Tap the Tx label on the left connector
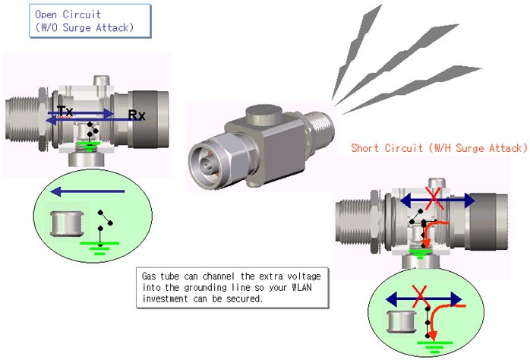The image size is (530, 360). tap(65, 111)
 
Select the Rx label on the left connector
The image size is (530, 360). tap(137, 115)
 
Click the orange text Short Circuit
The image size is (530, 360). tap(386, 147)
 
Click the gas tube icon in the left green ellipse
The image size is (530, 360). tap(65, 223)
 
